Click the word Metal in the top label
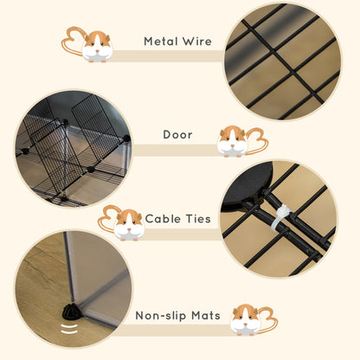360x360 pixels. pos(161,41)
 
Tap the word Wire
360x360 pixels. pos(196,41)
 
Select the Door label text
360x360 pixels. pos(177,135)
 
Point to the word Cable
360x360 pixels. pos(164,219)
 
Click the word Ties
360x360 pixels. pos(198,219)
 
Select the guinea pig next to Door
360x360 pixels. pos(232,140)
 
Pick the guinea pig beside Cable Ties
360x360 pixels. pos(128,223)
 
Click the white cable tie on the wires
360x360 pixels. pos(279,219)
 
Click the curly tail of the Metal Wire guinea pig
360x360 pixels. pos(72,37)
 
